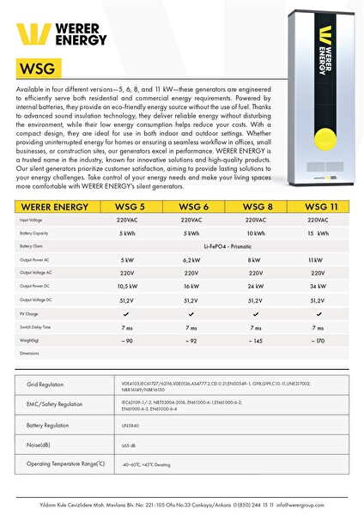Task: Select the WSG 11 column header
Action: click(319, 207)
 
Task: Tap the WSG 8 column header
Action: click(255, 207)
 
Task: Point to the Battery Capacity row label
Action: click(35, 233)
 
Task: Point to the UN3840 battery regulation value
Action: click(131, 425)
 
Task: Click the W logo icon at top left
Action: click(31, 33)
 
